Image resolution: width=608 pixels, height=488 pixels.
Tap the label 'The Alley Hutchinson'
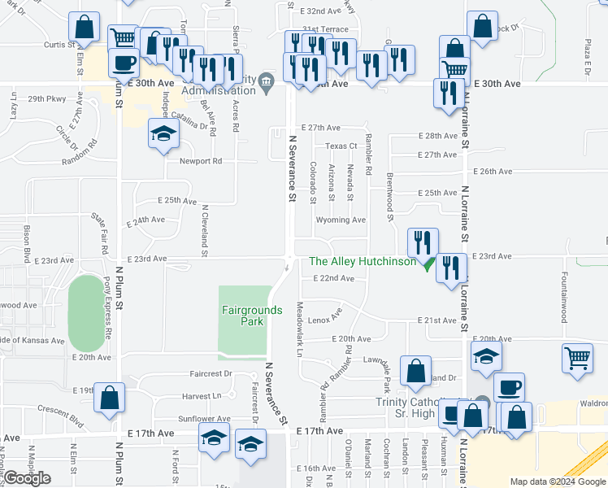(363, 261)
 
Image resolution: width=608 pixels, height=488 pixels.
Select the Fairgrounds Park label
(252, 316)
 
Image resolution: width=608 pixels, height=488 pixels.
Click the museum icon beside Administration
(266, 89)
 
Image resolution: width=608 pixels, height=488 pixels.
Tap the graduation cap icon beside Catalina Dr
(163, 133)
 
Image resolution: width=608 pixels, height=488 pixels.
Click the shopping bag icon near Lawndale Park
(415, 371)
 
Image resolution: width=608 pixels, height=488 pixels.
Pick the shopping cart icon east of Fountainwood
(576, 358)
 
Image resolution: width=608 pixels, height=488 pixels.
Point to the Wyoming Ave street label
(341, 220)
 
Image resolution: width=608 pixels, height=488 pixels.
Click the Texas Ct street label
(341, 146)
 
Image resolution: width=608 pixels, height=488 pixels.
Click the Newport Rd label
(201, 161)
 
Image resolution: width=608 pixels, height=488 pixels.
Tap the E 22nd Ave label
(333, 278)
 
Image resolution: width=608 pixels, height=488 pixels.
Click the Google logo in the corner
(27, 479)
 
